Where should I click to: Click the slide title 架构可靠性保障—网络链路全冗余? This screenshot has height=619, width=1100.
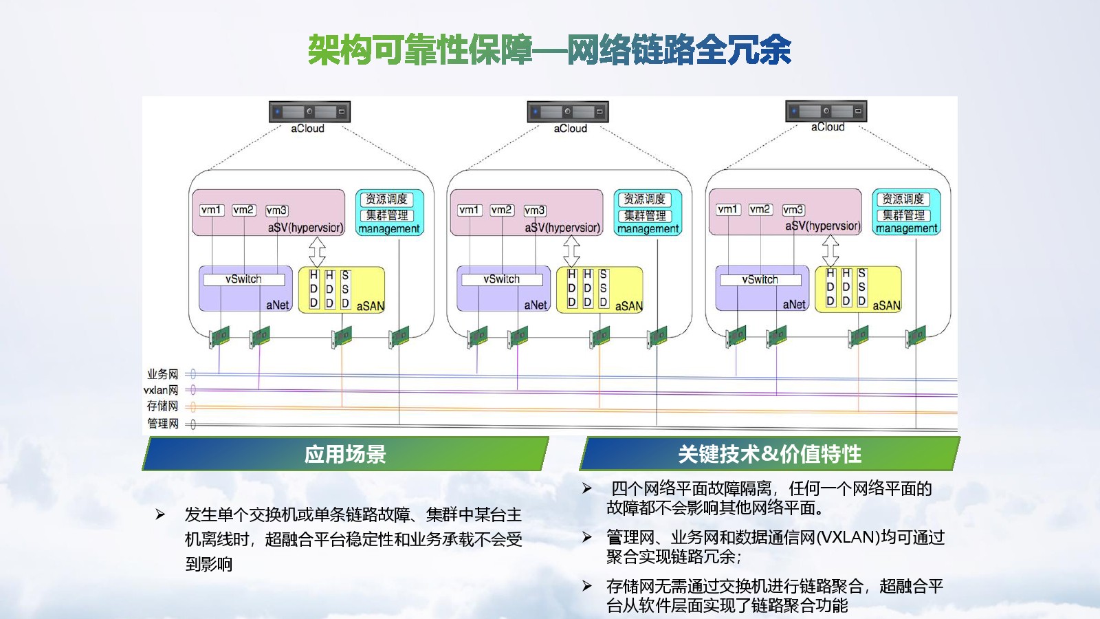(549, 50)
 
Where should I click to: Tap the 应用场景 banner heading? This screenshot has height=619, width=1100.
(345, 454)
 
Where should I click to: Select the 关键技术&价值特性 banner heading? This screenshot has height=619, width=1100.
(769, 454)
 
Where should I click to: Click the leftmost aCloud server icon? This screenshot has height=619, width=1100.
(309, 111)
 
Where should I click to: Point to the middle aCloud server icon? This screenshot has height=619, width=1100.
(568, 111)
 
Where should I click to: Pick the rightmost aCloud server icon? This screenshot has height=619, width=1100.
(826, 111)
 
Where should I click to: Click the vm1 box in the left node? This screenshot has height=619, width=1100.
(212, 210)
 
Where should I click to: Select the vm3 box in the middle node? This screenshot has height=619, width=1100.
(535, 210)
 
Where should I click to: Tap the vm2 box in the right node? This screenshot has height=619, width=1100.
(760, 209)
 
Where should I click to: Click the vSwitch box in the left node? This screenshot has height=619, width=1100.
(243, 279)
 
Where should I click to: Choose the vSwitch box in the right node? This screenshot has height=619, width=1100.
(760, 280)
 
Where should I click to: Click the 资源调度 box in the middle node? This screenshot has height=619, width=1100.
(644, 199)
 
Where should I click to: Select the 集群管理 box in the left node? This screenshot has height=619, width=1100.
(386, 215)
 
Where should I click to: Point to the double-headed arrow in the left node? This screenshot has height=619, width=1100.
(317, 252)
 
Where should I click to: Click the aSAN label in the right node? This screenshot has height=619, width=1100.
(887, 305)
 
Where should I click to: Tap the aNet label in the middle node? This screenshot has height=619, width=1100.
(536, 305)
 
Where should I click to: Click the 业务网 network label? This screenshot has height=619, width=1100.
(162, 374)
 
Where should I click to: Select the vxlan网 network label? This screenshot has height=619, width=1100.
(161, 390)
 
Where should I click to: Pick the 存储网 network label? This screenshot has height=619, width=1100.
(162, 406)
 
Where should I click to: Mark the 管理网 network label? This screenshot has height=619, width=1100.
(162, 423)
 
